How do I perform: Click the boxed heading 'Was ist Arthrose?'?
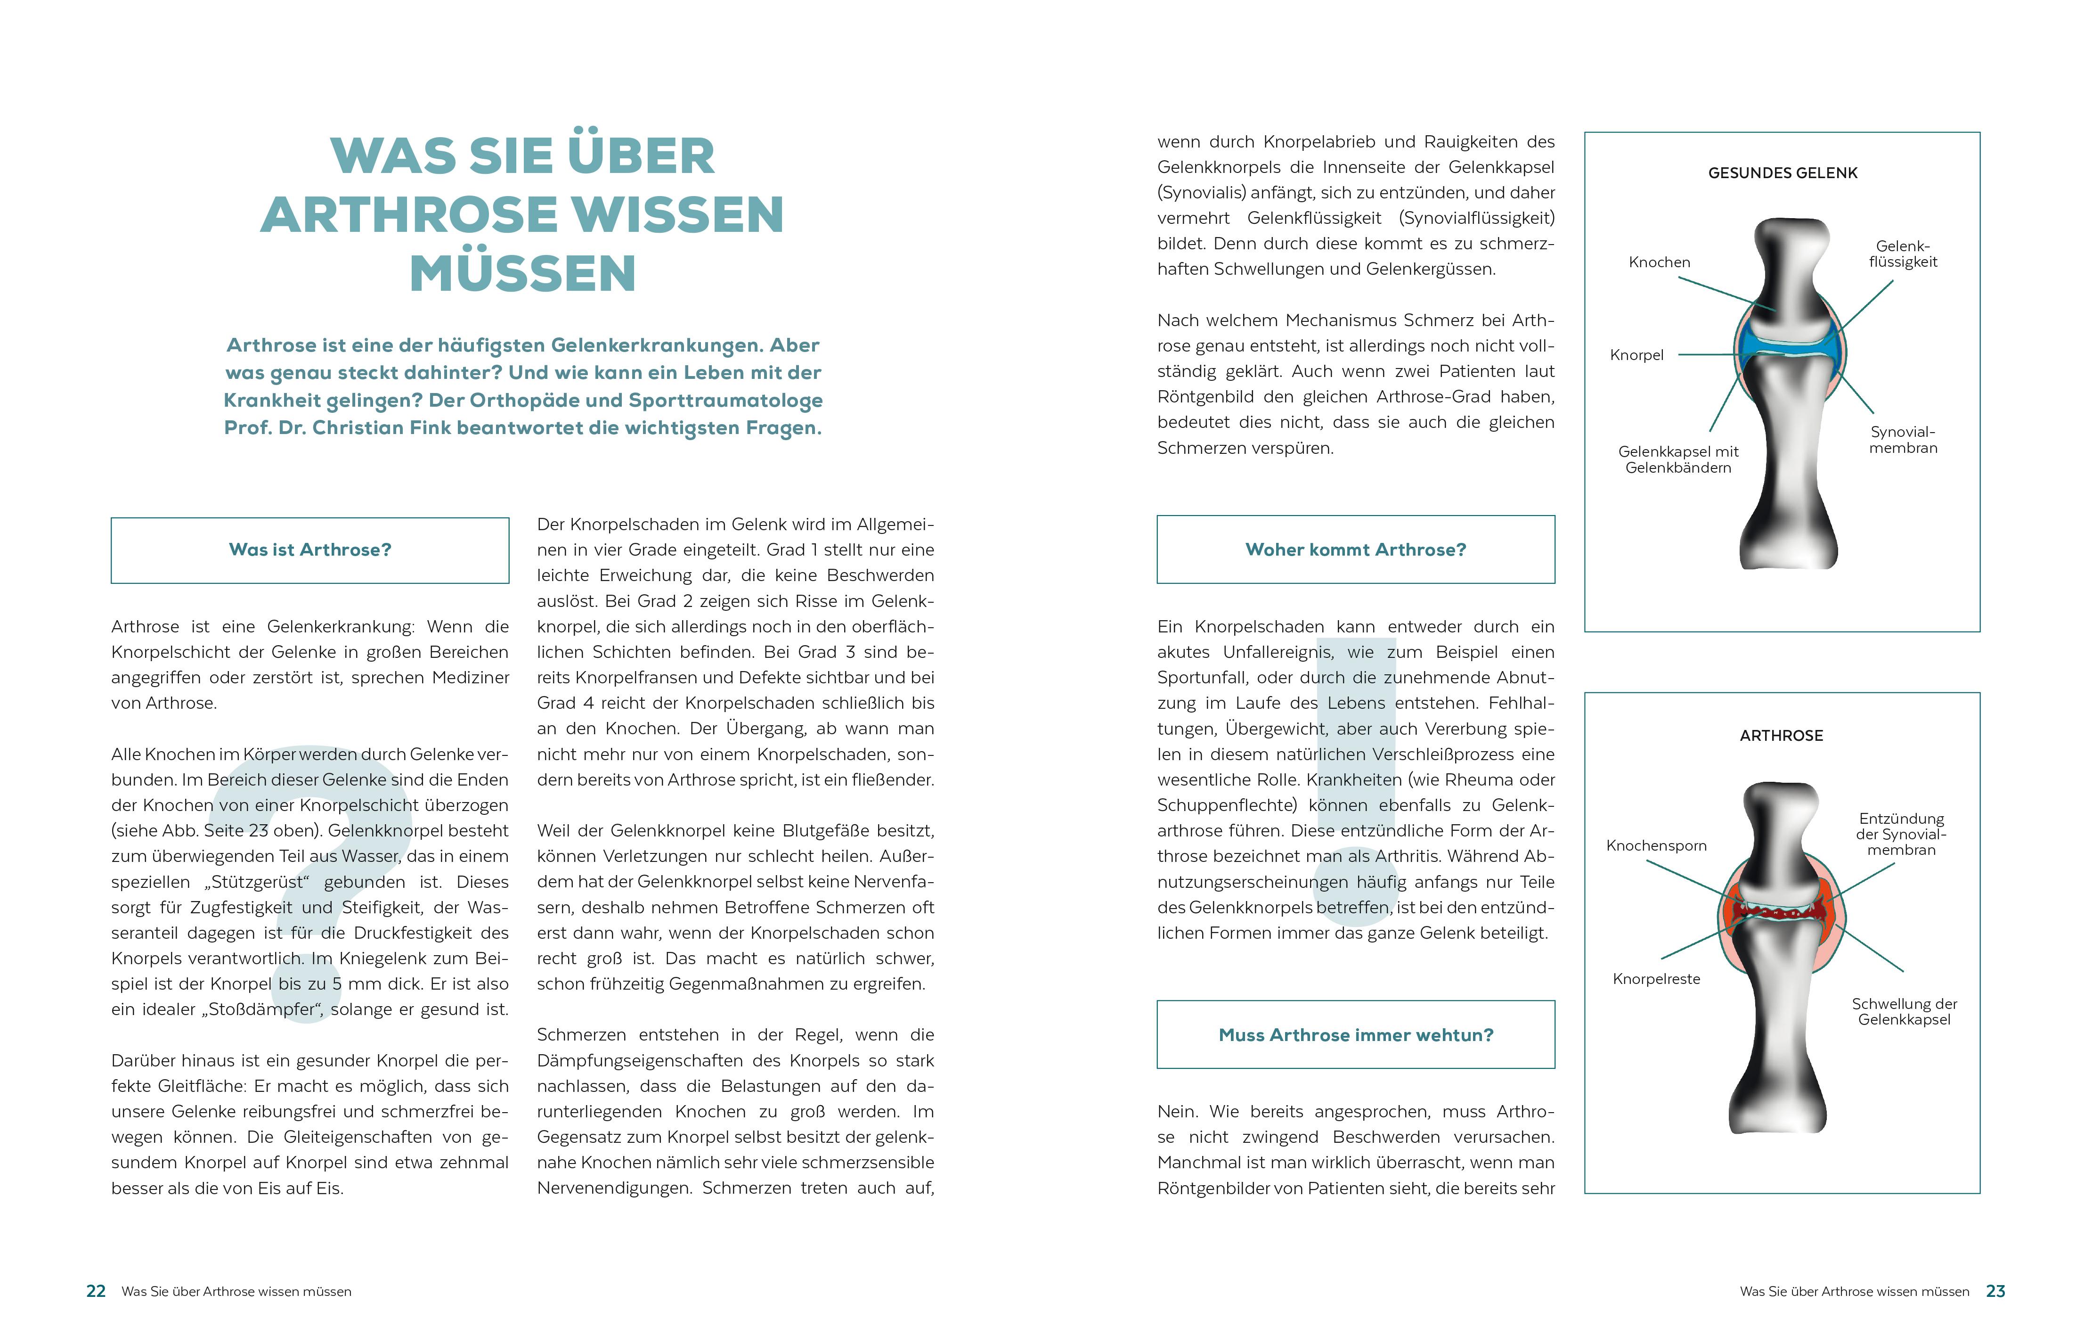pyautogui.click(x=310, y=550)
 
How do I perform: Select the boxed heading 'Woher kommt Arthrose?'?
pyautogui.click(x=1355, y=550)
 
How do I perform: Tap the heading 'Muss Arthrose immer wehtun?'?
pyautogui.click(x=1355, y=1035)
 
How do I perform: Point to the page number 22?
pyautogui.click(x=96, y=1292)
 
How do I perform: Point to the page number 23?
pyautogui.click(x=1995, y=1292)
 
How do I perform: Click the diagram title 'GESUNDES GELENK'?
pyautogui.click(x=1783, y=173)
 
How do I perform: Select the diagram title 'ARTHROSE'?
pyautogui.click(x=1781, y=735)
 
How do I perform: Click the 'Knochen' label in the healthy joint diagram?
pyautogui.click(x=1660, y=262)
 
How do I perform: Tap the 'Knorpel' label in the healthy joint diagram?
pyautogui.click(x=1637, y=355)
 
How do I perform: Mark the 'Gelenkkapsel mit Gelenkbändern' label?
pyautogui.click(x=1678, y=460)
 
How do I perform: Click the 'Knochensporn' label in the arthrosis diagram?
pyautogui.click(x=1656, y=846)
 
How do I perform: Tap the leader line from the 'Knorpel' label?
pyautogui.click(x=1707, y=355)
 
